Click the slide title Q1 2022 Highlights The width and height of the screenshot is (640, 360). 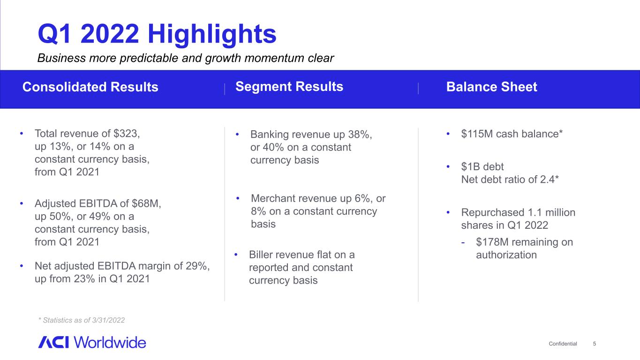tap(157, 34)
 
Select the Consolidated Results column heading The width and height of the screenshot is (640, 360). tap(90, 87)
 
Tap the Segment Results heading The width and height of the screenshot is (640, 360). tap(289, 87)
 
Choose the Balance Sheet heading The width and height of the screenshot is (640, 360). tap(492, 87)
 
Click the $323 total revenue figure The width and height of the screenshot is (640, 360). tap(126, 134)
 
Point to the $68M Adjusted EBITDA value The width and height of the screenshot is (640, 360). tap(146, 203)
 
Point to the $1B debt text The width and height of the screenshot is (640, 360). tap(482, 166)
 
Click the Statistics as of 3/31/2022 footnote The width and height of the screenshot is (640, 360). tap(82, 320)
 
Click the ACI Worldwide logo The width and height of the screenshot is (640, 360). tap(92, 342)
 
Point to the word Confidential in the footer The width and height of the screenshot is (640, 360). tap(563, 344)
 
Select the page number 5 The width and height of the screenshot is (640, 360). tap(595, 344)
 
